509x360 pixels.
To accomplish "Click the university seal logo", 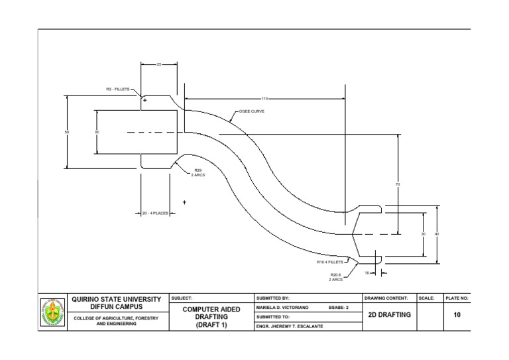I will coord(53,313).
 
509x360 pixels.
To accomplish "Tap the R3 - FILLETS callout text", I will coord(118,89).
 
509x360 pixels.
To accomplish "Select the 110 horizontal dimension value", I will coord(264,99).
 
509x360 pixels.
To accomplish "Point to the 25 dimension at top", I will coord(158,64).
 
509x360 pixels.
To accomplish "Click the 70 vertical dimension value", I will coord(398,184).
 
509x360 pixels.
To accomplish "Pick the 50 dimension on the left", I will coord(66,133).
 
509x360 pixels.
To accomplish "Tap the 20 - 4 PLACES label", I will coord(155,213).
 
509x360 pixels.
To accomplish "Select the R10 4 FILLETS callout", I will coord(330,262).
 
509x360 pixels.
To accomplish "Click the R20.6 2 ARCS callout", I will coord(335,277).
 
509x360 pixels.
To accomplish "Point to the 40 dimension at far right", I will coord(436,234).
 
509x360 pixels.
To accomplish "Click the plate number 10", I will coord(457,315).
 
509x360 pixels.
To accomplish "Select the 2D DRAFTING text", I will coord(388,315).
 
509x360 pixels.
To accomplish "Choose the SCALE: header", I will coord(426,298).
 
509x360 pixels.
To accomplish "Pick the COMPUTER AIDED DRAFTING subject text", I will coord(211,317).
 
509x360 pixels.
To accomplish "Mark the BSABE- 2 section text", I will coord(340,308).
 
